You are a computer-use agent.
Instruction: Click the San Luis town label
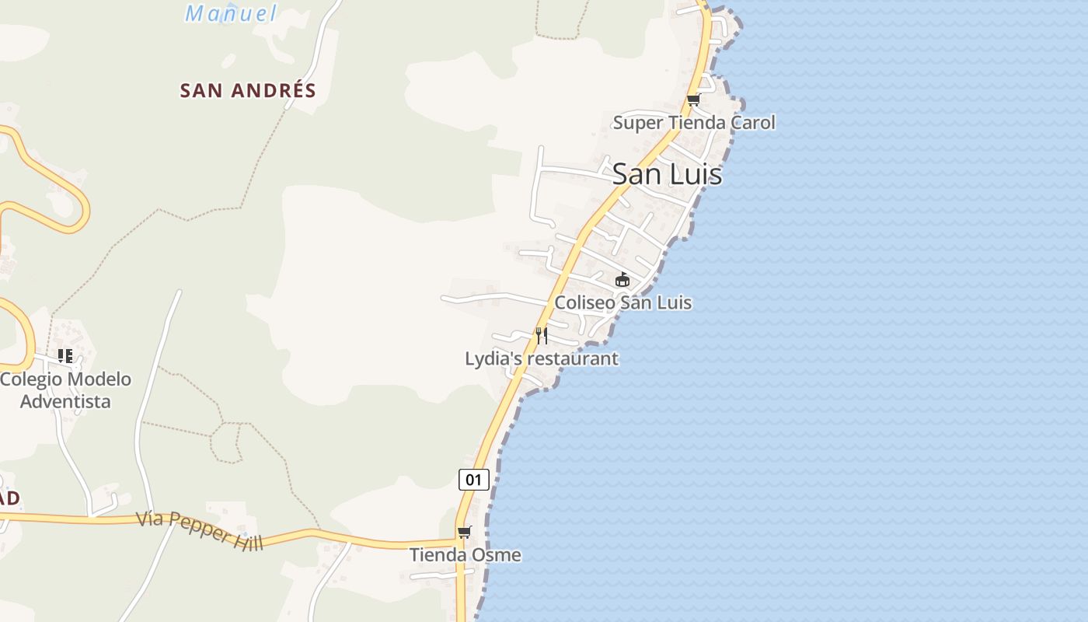coord(667,174)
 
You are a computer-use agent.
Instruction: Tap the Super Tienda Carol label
coord(694,123)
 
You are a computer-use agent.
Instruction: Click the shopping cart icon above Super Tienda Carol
coord(693,100)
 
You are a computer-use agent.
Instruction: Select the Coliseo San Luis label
coord(622,302)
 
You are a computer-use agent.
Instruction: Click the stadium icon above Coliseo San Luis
coord(622,279)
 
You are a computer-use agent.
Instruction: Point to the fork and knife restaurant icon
coord(542,335)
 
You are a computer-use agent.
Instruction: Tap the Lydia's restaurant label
coord(542,358)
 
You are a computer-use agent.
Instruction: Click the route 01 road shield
coord(473,479)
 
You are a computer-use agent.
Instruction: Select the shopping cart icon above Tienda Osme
coord(464,532)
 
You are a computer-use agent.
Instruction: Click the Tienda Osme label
coord(465,555)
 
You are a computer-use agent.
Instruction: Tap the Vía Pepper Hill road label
coord(200,530)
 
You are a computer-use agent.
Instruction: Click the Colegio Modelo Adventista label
coord(65,390)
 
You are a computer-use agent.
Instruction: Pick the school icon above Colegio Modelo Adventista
coord(65,356)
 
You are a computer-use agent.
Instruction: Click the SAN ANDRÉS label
coord(248,90)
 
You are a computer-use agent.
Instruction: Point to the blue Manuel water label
coord(231,13)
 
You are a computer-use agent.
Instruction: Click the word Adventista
coord(65,401)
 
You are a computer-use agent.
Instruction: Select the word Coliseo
coord(583,302)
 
